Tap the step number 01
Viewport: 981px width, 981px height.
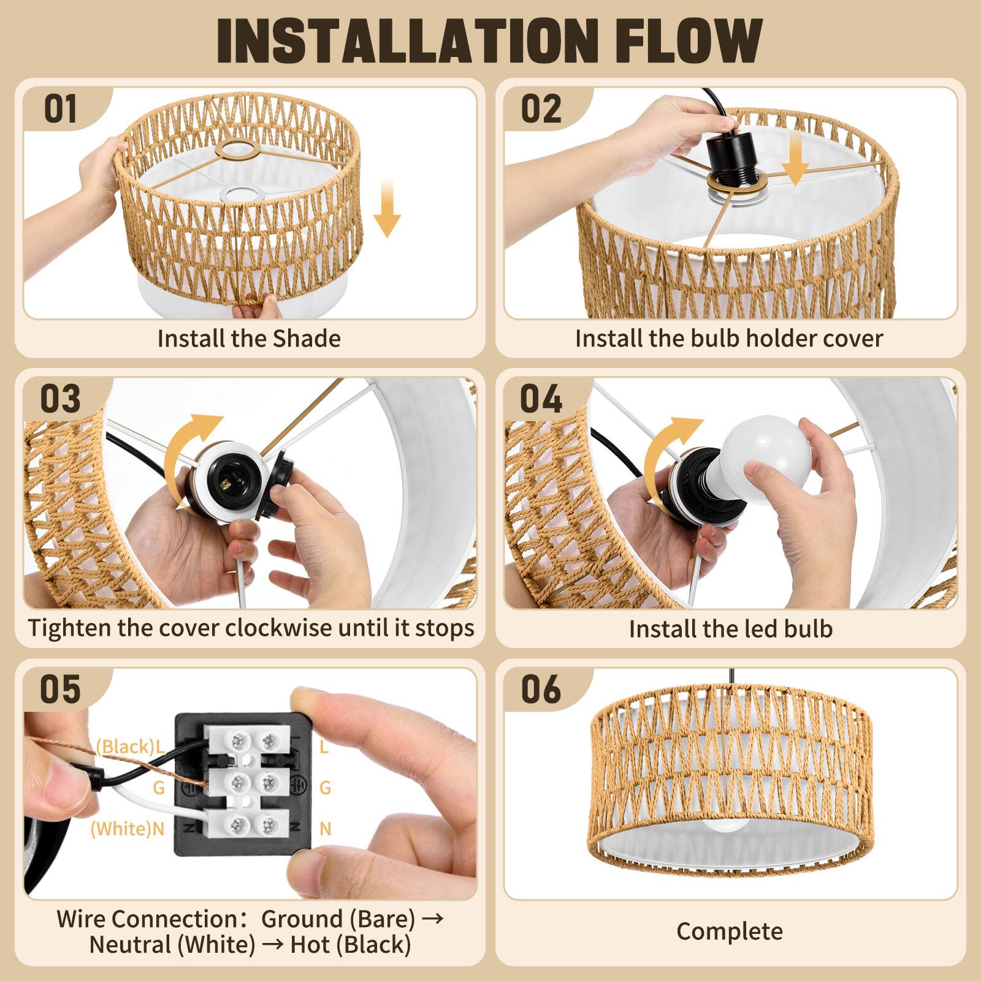(x=61, y=110)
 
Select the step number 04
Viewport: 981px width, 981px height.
(x=541, y=399)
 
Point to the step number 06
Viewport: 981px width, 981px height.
(x=541, y=689)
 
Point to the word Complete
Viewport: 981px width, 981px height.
(x=730, y=931)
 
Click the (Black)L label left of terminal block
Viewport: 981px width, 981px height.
(x=130, y=746)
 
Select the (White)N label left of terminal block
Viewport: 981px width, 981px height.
(x=128, y=828)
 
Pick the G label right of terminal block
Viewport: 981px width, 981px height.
(x=325, y=787)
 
